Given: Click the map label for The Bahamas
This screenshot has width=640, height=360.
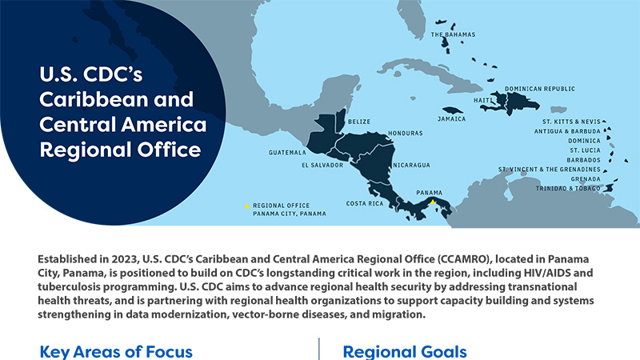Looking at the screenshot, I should pyautogui.click(x=453, y=35).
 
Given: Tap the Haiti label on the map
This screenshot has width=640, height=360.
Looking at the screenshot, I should pyautogui.click(x=482, y=101).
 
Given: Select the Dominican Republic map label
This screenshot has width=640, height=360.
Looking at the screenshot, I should pyautogui.click(x=539, y=90).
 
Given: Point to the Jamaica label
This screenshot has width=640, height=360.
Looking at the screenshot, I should pyautogui.click(x=451, y=119).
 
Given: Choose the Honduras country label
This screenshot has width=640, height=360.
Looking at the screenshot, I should pyautogui.click(x=404, y=133).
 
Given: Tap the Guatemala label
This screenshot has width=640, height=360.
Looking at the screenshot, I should pyautogui.click(x=287, y=152).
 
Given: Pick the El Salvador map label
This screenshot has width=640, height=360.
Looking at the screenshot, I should pyautogui.click(x=322, y=166).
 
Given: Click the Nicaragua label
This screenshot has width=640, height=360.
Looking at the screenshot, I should pyautogui.click(x=411, y=166).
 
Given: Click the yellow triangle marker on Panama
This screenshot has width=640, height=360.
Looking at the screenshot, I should pyautogui.click(x=433, y=202).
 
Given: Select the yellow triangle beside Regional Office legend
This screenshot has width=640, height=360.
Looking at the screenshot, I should pyautogui.click(x=246, y=206).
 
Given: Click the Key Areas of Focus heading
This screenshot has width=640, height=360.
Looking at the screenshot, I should pyautogui.click(x=116, y=351).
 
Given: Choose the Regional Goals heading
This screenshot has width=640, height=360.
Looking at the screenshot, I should pyautogui.click(x=405, y=351).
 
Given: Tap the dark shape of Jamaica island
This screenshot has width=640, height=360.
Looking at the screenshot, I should pyautogui.click(x=453, y=110).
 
